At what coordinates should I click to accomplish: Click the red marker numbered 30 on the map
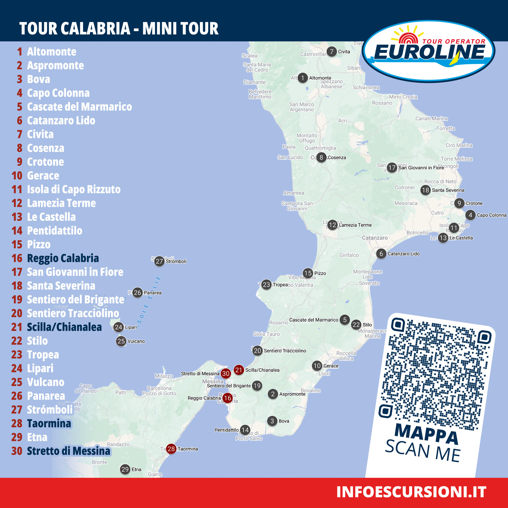pos(226,373)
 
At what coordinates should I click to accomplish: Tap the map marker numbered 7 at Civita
pos(332,52)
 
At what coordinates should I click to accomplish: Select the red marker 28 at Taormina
pos(171,449)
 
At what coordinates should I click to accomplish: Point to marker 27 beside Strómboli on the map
pos(159,261)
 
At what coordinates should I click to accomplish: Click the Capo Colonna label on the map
pos(491,215)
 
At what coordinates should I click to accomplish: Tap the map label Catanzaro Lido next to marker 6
pos(404,254)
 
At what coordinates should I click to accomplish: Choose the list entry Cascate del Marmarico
pos(79,107)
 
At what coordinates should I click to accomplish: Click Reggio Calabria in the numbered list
pos(63,258)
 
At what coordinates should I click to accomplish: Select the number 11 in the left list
pos(17,189)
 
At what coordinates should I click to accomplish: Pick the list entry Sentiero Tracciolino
pos(73,313)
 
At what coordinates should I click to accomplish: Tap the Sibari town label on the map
pos(353,68)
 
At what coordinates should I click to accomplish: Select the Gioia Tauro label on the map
pos(266,334)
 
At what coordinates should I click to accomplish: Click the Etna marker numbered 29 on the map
pos(125,469)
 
